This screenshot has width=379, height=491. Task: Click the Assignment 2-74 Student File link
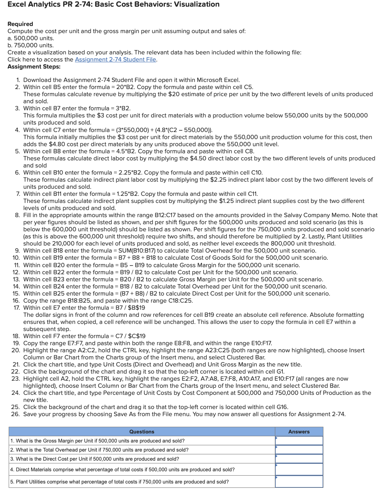click(116, 60)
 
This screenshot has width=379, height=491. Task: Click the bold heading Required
click(20, 24)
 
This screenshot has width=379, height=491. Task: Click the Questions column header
click(142, 431)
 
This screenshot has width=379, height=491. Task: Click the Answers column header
click(299, 431)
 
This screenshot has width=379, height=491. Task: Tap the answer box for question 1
click(299, 441)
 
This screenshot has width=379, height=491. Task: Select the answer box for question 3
click(299, 459)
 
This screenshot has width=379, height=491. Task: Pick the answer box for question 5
click(299, 482)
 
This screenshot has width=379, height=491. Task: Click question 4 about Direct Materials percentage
click(122, 469)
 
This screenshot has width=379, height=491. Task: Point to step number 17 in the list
click(17, 308)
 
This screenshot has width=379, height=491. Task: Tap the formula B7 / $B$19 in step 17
click(130, 308)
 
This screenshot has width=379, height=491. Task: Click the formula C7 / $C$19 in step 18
click(130, 336)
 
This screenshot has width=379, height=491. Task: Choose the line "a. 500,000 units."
click(31, 38)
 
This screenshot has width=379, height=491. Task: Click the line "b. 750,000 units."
click(31, 45)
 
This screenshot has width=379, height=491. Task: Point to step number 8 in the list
click(17, 215)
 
